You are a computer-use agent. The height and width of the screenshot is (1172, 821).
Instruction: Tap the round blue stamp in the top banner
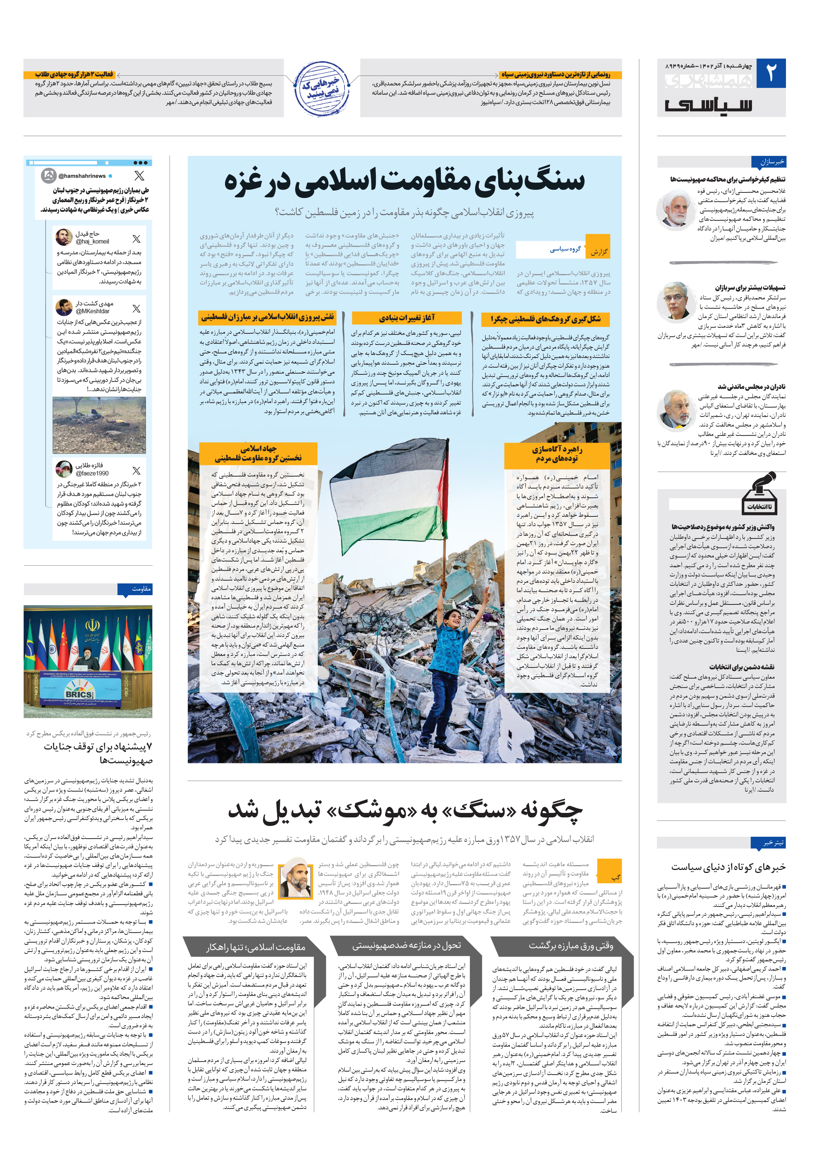[x=322, y=88]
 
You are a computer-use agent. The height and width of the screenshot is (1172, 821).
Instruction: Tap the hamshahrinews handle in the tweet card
[x=82, y=176]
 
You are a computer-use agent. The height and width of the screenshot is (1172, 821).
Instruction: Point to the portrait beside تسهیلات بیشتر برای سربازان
[x=675, y=301]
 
